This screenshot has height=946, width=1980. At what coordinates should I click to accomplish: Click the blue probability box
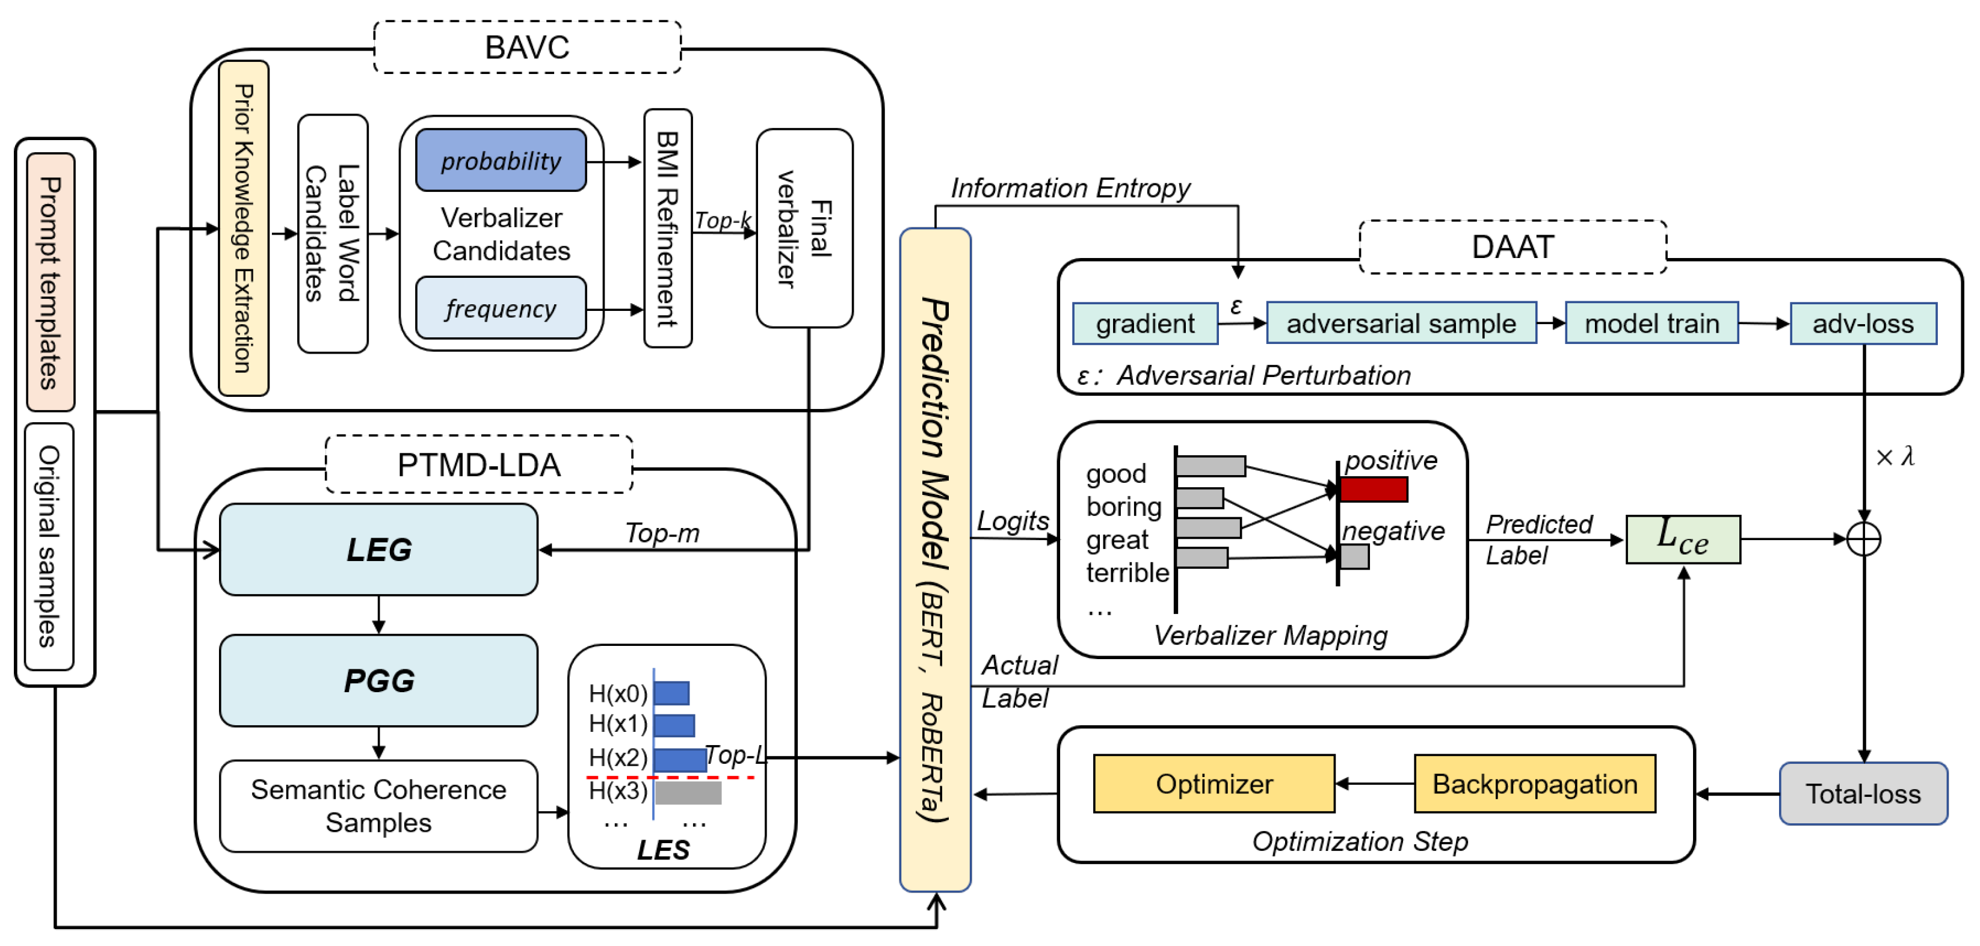(501, 160)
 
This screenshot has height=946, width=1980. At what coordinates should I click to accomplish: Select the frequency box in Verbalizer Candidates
(501, 308)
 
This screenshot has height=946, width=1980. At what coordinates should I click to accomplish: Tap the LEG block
(378, 550)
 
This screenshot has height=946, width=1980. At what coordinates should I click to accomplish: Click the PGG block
(378, 680)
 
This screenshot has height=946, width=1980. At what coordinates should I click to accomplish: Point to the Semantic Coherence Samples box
(378, 805)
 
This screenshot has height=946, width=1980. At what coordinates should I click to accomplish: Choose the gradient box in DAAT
(1144, 324)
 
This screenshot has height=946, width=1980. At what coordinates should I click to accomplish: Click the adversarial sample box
(1401, 324)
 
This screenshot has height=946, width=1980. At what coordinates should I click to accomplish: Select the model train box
(1651, 324)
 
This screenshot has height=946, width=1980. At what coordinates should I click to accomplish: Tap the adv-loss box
(1863, 324)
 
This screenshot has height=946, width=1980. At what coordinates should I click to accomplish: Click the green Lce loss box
(1683, 539)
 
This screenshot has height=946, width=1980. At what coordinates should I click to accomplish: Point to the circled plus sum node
(1863, 539)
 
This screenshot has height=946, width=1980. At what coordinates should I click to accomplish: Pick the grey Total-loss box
(1863, 793)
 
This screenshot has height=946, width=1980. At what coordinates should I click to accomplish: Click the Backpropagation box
(1534, 784)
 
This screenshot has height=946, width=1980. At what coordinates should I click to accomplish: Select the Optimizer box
(1214, 784)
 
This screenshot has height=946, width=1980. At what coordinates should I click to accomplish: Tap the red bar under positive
(1374, 490)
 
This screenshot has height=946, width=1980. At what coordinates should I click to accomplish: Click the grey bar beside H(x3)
(688, 792)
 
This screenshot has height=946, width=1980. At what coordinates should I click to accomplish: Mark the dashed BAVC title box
(527, 47)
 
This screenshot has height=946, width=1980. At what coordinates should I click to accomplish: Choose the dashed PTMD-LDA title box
(479, 464)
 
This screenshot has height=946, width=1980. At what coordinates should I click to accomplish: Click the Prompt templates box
(51, 282)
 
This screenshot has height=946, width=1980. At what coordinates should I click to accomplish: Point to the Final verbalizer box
(804, 229)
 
